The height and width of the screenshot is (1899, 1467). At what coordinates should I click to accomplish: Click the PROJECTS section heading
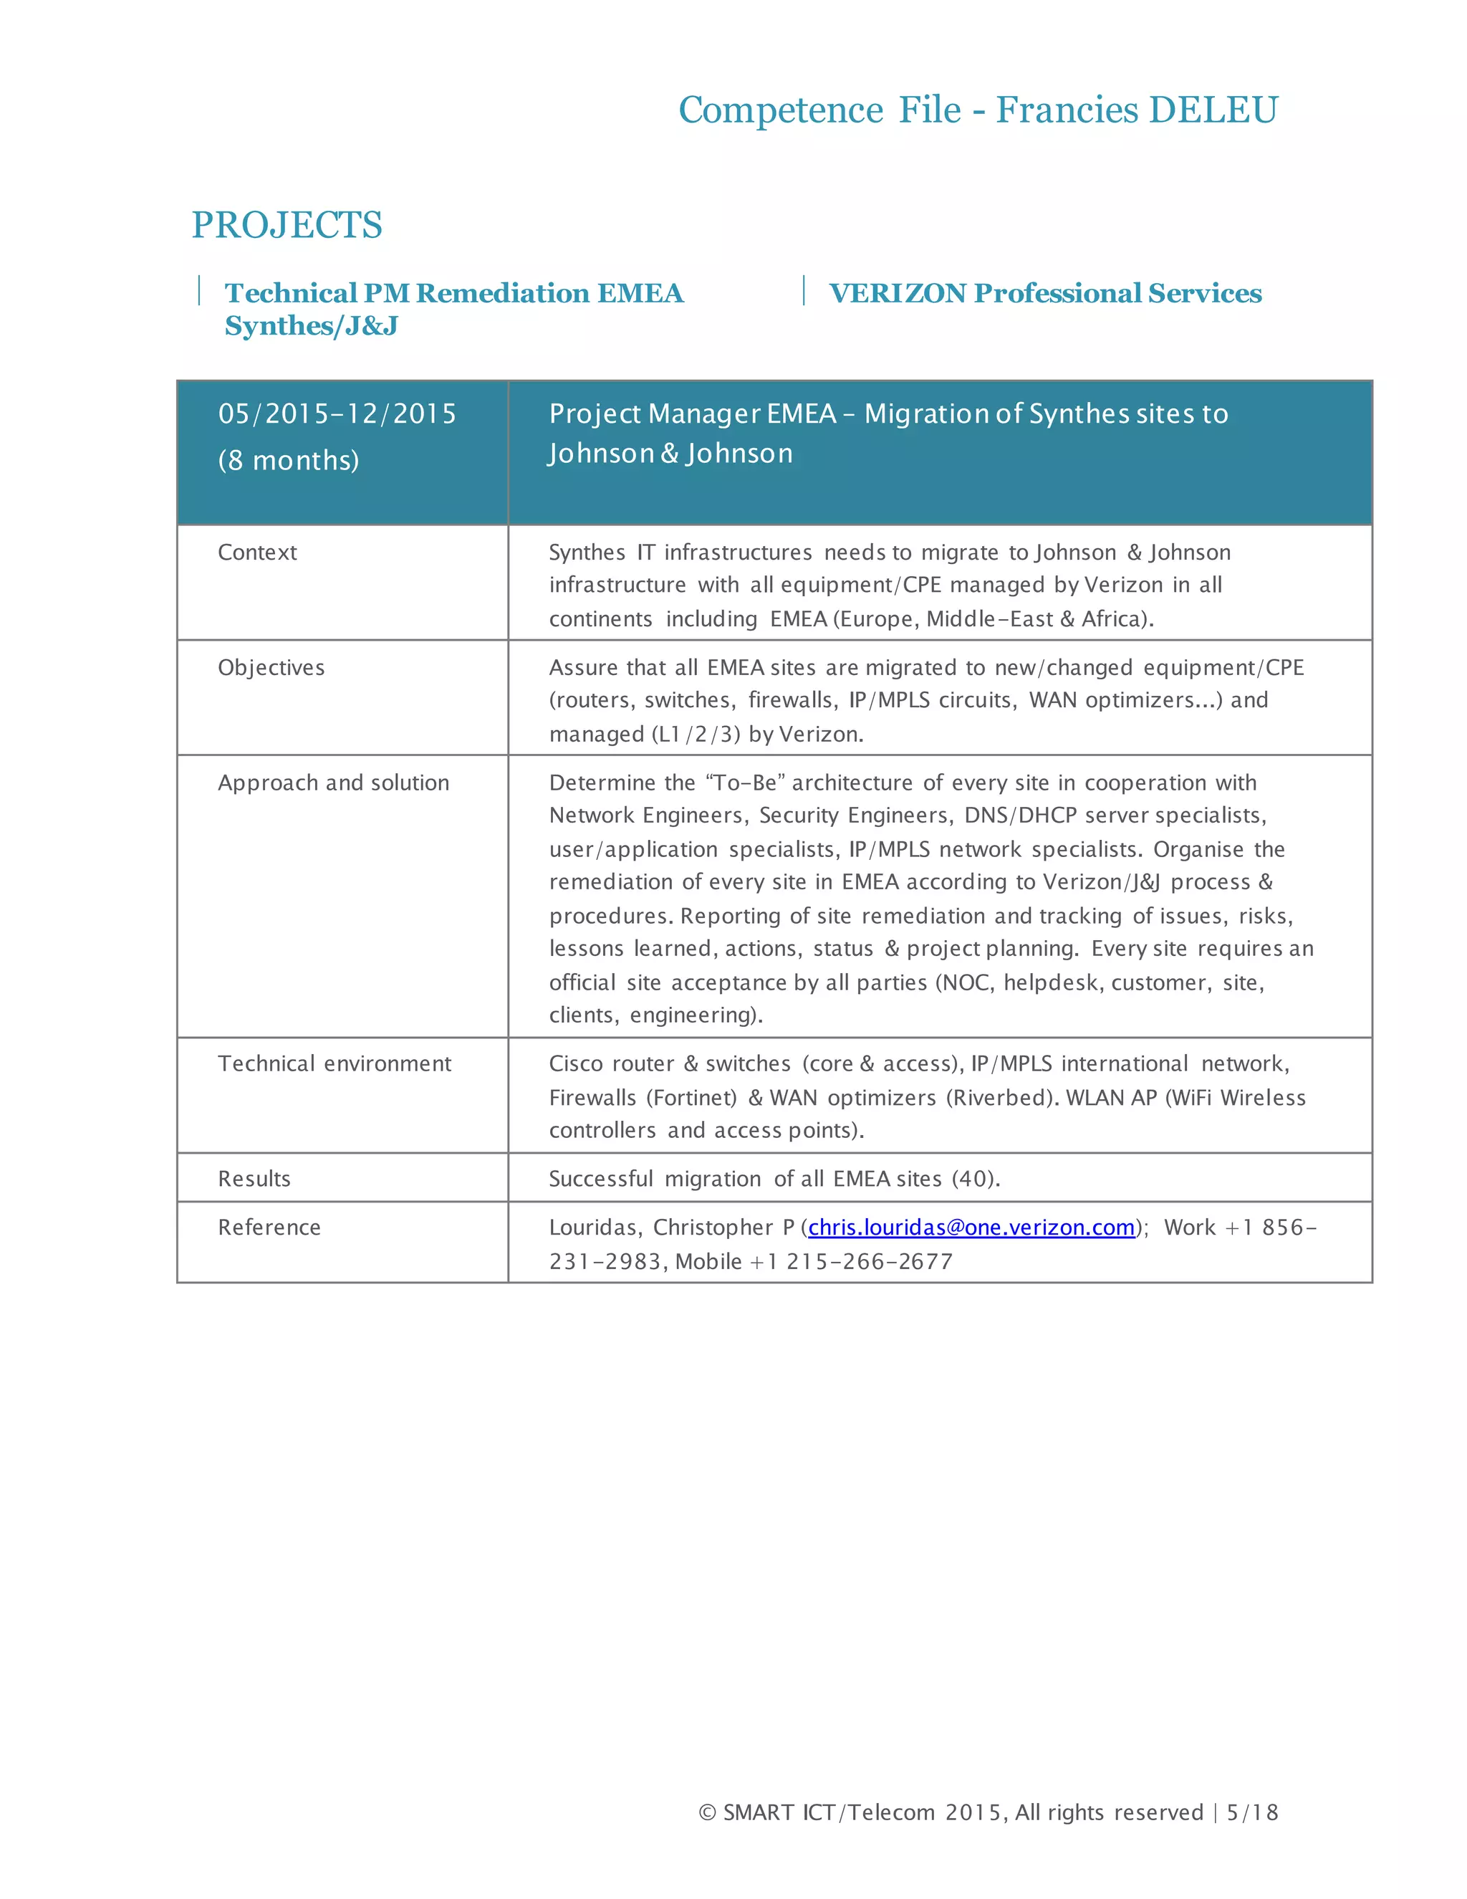(x=287, y=225)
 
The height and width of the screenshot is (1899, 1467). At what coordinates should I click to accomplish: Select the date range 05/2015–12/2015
(x=337, y=414)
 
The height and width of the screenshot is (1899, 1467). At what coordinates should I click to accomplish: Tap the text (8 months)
(x=289, y=460)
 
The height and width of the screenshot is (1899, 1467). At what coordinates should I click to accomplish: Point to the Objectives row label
(x=271, y=668)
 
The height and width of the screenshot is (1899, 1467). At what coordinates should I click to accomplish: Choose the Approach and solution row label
(x=334, y=783)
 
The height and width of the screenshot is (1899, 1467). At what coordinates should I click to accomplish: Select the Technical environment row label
(x=335, y=1064)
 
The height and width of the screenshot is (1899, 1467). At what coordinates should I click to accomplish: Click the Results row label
(x=254, y=1179)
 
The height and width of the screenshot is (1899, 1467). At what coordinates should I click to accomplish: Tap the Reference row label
(x=269, y=1228)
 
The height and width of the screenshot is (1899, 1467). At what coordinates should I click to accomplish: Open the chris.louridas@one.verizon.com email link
(x=971, y=1228)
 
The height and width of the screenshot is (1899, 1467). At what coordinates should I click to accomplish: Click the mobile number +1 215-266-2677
(x=870, y=1262)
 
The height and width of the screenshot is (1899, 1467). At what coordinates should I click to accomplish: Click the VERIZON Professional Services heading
(x=1046, y=294)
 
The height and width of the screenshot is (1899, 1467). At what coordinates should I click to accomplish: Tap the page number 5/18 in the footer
(x=1252, y=1812)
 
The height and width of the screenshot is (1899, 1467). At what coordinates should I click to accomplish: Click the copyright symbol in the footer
(x=708, y=1812)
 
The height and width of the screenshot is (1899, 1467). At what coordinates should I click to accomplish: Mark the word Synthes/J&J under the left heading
(x=311, y=326)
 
